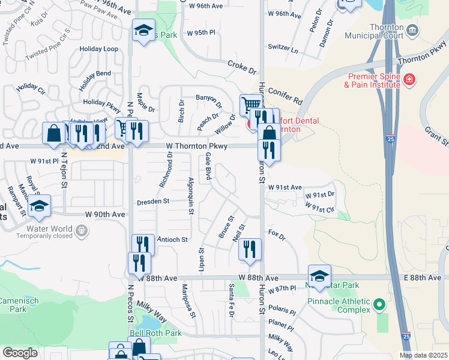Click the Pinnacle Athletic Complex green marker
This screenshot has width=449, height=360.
(x=378, y=305)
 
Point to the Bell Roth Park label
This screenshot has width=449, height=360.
(x=155, y=333)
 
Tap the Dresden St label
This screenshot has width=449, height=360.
(x=154, y=202)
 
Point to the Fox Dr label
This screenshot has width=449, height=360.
(x=276, y=232)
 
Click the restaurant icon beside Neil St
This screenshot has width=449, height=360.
(x=250, y=248)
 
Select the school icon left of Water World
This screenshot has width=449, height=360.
(x=39, y=206)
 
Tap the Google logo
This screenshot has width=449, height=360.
(x=20, y=353)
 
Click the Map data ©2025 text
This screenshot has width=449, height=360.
(x=423, y=355)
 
